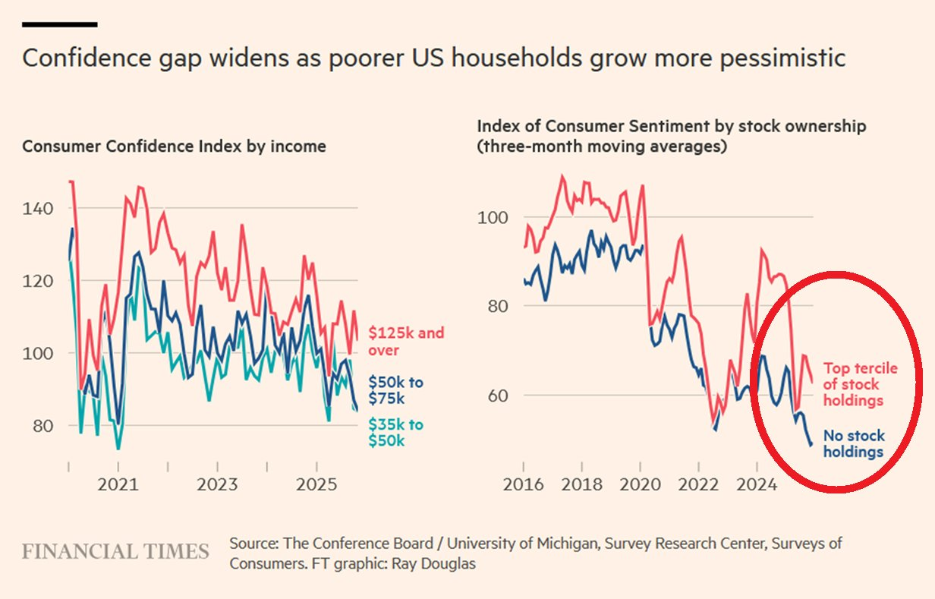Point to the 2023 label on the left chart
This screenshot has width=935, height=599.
coord(218,484)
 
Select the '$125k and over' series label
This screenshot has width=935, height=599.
coord(406,342)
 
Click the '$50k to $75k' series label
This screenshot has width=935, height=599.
coord(396,390)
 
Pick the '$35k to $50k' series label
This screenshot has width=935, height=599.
coord(396,433)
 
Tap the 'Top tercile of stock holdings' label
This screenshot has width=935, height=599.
coord(861,384)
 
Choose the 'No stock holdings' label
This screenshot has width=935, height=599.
coord(854,444)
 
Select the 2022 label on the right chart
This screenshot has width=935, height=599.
coord(698,484)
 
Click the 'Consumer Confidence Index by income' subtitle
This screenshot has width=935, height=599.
coord(174,146)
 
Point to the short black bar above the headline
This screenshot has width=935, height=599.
coord(59,24)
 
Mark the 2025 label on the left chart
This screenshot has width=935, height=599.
coord(316,484)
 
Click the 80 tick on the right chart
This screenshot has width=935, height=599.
coord(494,307)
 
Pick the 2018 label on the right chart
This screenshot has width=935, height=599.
coord(581,484)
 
